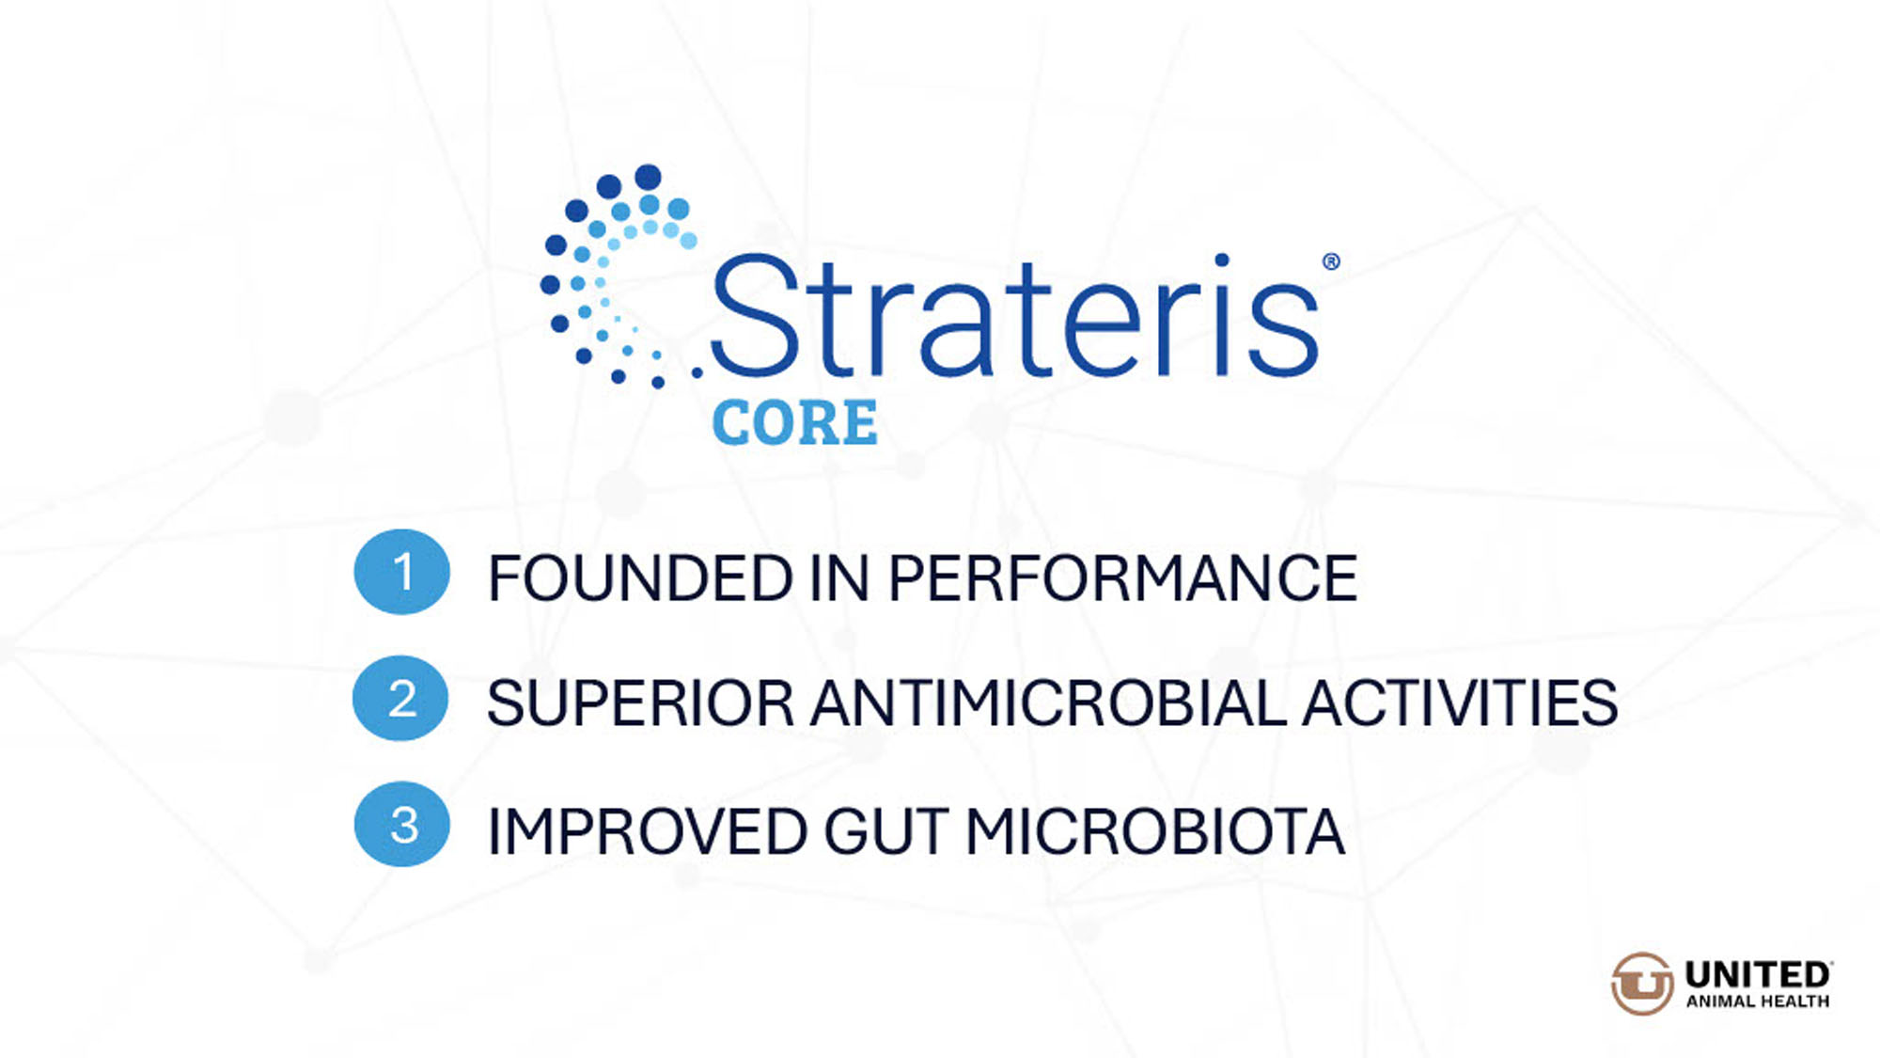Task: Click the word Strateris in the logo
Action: (1015, 316)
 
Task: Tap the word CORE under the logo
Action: (795, 422)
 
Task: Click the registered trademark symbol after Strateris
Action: (1331, 261)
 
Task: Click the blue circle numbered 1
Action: (401, 572)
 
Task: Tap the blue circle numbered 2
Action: (400, 698)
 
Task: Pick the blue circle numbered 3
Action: (401, 824)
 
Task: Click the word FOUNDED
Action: (640, 577)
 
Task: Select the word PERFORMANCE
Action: (1122, 577)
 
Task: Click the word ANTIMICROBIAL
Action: (1048, 703)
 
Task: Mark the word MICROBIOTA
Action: (1155, 831)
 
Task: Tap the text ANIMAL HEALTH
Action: (1757, 1002)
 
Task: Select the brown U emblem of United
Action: (1642, 984)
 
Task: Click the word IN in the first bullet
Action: (839, 577)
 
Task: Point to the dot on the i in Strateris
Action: (1221, 261)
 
